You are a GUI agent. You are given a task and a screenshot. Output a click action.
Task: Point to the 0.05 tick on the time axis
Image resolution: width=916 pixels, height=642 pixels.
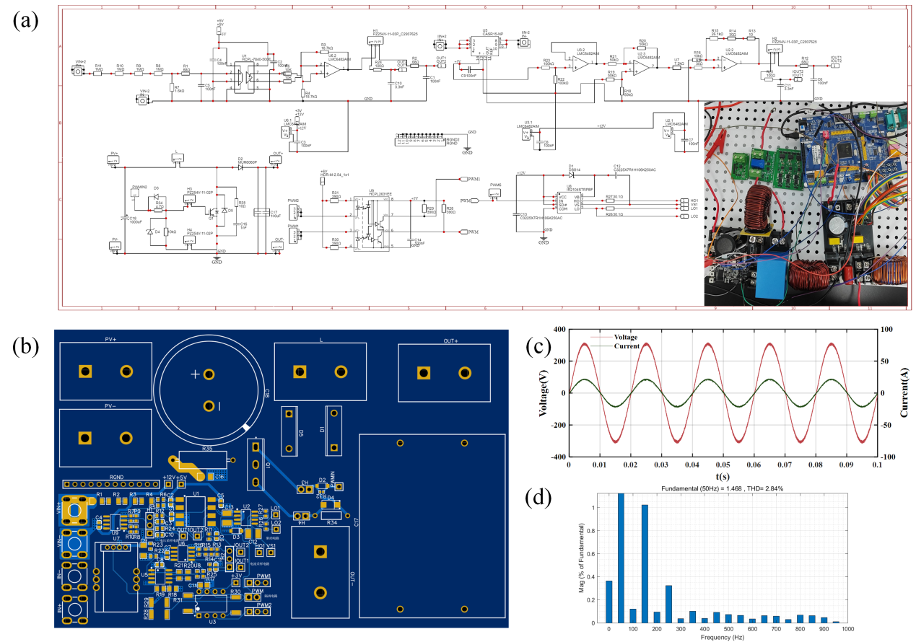[x=724, y=466]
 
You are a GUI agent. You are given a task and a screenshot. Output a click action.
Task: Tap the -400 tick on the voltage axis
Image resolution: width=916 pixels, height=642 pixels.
[x=556, y=457]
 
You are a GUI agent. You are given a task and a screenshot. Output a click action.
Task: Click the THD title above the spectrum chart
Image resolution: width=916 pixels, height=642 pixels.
[x=724, y=488]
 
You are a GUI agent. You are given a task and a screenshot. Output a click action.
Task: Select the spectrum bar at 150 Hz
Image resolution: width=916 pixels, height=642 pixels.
[x=645, y=563]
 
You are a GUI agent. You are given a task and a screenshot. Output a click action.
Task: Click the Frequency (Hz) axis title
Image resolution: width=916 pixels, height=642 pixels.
[x=724, y=638]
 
